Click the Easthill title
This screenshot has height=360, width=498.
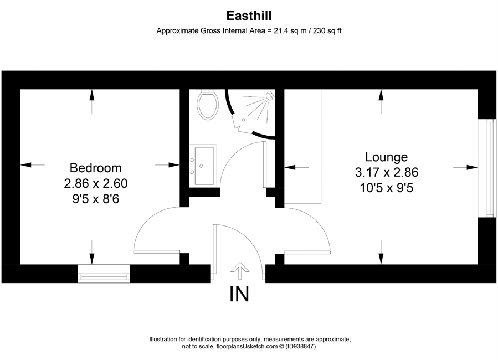tap(249, 16)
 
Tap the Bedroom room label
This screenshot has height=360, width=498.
tap(96, 168)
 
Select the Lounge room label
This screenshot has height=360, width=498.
tap(386, 157)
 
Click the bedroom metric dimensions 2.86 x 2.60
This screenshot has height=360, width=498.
tap(96, 183)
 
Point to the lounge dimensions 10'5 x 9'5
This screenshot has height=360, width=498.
tap(387, 188)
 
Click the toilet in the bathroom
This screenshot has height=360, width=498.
tap(208, 104)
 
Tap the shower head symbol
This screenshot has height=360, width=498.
tap(269, 95)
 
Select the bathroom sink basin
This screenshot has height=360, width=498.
tap(204, 166)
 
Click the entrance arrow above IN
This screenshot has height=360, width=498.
tap(240, 271)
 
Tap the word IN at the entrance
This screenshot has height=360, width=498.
tap(239, 294)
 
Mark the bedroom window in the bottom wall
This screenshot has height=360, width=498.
tap(104, 274)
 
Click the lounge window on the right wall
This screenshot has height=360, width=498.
tap(487, 168)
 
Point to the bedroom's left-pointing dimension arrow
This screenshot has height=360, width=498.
tap(32, 164)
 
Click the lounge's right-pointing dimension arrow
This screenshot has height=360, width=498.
tap(465, 167)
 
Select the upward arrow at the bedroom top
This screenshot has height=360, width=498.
tap(92, 101)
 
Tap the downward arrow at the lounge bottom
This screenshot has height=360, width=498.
tap(381, 252)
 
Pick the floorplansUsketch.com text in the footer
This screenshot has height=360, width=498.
tap(247, 347)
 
